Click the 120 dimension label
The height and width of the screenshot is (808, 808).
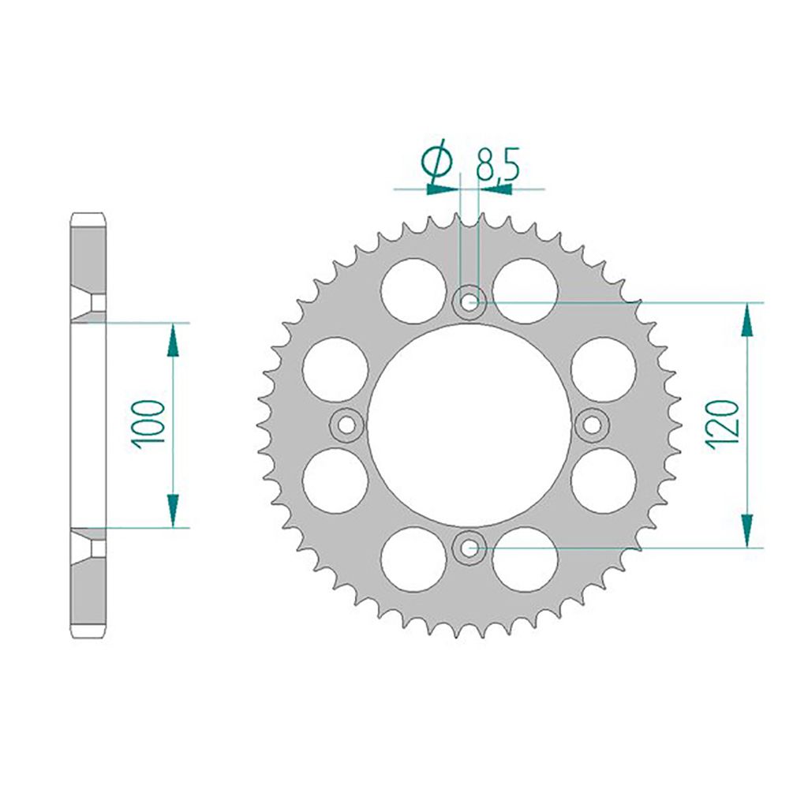[724, 425]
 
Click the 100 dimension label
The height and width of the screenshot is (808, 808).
[148, 424]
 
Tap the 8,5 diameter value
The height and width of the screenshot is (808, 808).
[497, 164]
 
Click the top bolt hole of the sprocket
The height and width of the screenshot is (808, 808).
[469, 302]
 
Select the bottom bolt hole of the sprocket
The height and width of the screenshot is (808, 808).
[469, 548]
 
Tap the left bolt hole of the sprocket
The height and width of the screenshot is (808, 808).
[346, 425]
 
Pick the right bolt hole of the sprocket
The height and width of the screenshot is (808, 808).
[592, 425]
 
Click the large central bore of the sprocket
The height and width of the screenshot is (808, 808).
[469, 425]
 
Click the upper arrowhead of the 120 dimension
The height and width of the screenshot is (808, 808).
[748, 320]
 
